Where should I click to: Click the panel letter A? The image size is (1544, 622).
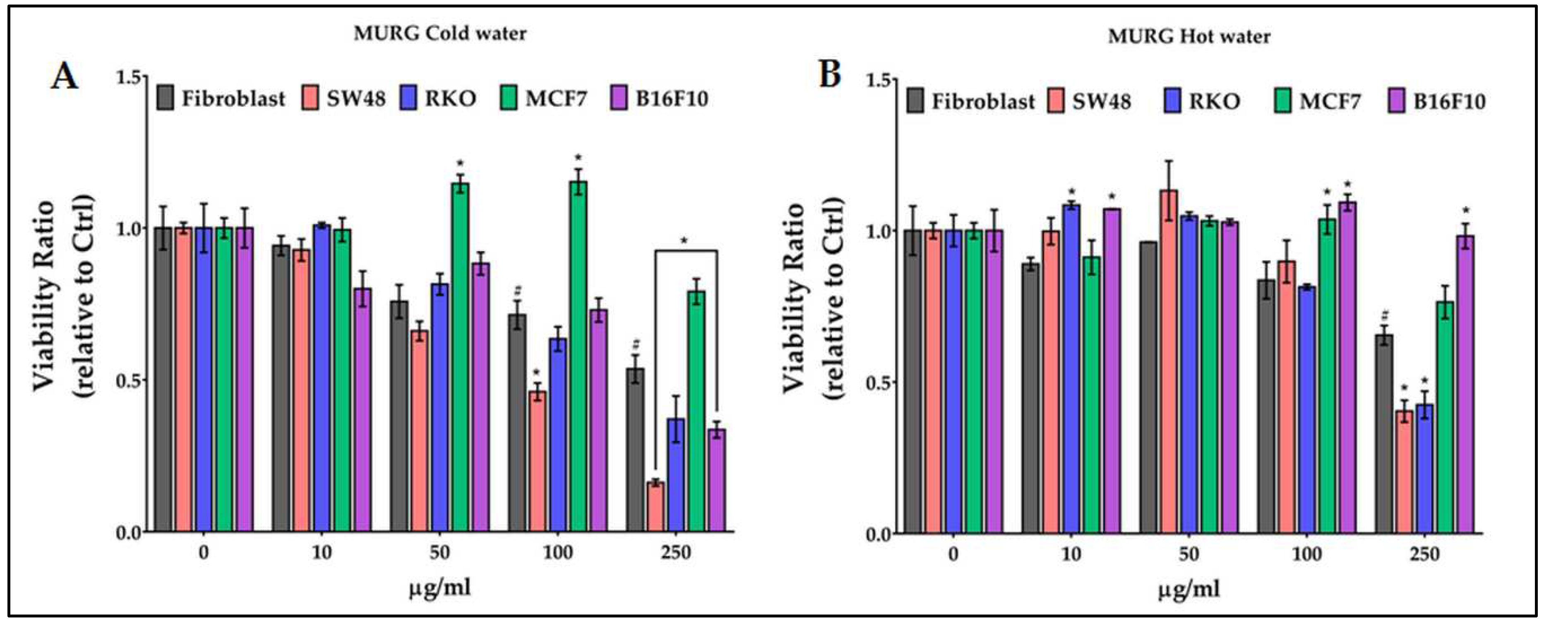(x=64, y=76)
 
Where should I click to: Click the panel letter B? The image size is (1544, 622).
(x=830, y=75)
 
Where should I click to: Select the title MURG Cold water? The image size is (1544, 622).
(x=440, y=34)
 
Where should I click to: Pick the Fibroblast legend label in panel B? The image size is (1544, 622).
(x=982, y=101)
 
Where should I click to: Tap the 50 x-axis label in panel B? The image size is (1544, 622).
(x=1189, y=554)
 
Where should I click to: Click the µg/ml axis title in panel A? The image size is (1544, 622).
(x=439, y=588)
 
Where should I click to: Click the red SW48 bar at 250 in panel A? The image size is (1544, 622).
(x=656, y=507)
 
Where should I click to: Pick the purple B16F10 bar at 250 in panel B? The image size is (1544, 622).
(x=1465, y=384)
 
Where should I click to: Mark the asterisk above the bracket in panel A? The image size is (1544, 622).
(x=684, y=241)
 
